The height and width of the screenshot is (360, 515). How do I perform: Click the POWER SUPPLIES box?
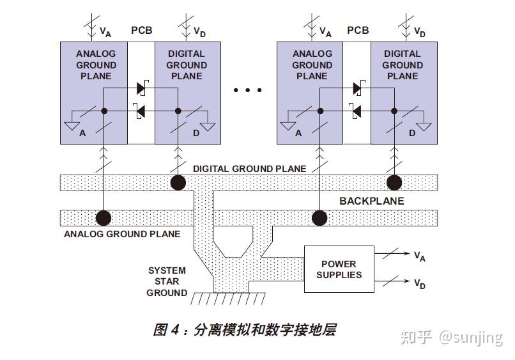[339, 269]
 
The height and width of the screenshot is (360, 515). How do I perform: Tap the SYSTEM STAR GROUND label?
[167, 282]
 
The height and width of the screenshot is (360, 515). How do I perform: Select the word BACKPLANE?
[371, 201]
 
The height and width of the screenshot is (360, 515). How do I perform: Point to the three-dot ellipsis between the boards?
[247, 90]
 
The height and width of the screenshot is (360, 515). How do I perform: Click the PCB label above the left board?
[142, 31]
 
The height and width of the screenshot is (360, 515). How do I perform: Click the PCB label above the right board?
[358, 31]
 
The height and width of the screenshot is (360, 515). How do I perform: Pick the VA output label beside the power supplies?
[419, 256]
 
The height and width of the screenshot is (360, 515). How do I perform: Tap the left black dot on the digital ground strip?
[178, 182]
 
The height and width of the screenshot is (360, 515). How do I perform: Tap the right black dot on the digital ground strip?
[394, 182]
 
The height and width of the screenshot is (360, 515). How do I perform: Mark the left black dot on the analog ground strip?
[103, 218]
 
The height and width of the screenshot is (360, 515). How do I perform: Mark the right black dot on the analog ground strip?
[319, 218]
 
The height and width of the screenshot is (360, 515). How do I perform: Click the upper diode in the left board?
[142, 89]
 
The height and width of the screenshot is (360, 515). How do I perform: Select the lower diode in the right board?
[358, 111]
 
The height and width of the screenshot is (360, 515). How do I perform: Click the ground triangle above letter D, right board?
[424, 126]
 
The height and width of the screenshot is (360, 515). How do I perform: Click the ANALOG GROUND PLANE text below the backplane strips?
[122, 234]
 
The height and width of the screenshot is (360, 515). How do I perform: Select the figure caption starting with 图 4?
[244, 330]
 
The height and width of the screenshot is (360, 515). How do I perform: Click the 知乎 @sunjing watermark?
[451, 337]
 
